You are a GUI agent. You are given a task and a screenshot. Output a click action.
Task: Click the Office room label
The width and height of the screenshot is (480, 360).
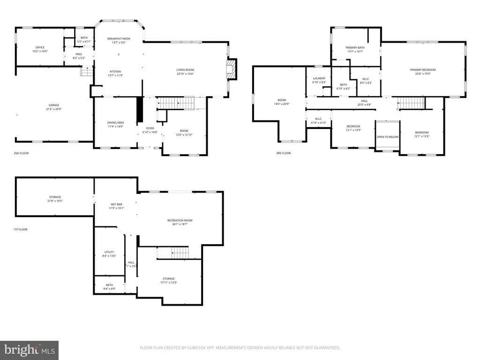tap(40, 47)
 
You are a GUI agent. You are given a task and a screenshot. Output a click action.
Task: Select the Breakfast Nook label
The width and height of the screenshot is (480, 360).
tap(119, 38)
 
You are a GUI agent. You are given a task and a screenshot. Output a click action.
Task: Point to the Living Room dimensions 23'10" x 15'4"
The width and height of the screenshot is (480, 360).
tap(185, 74)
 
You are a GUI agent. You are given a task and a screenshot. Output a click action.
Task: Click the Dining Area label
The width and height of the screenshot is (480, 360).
tap(115, 123)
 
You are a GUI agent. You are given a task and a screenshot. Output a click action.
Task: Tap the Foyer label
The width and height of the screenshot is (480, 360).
tap(150, 128)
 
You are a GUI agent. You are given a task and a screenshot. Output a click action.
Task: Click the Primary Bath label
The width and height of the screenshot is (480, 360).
tap(355, 47)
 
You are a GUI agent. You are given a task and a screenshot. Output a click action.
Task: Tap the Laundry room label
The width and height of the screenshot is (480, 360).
tap(319, 78)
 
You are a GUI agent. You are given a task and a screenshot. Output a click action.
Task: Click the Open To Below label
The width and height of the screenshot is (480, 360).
tap(387, 137)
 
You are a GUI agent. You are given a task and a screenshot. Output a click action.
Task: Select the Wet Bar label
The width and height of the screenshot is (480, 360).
tap(117, 204)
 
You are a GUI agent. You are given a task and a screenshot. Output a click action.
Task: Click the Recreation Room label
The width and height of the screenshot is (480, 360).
tap(180, 220)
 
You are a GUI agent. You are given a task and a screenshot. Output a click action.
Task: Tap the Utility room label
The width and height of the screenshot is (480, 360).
tap(109, 252)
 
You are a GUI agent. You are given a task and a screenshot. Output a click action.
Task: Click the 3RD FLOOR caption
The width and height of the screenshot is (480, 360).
tap(283, 153)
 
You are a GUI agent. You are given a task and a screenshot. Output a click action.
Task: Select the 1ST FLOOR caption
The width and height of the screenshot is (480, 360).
tap(20, 229)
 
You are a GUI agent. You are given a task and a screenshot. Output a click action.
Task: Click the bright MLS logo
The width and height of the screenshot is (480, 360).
tap(29, 350)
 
